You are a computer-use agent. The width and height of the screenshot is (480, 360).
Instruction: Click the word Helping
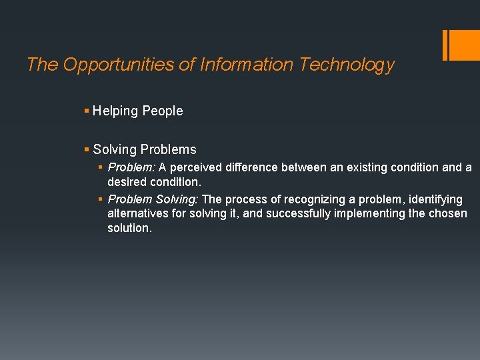point(115,111)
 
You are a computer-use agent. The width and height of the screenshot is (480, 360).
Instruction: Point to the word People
point(163,111)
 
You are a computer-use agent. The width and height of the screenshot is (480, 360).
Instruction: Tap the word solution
point(129,228)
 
